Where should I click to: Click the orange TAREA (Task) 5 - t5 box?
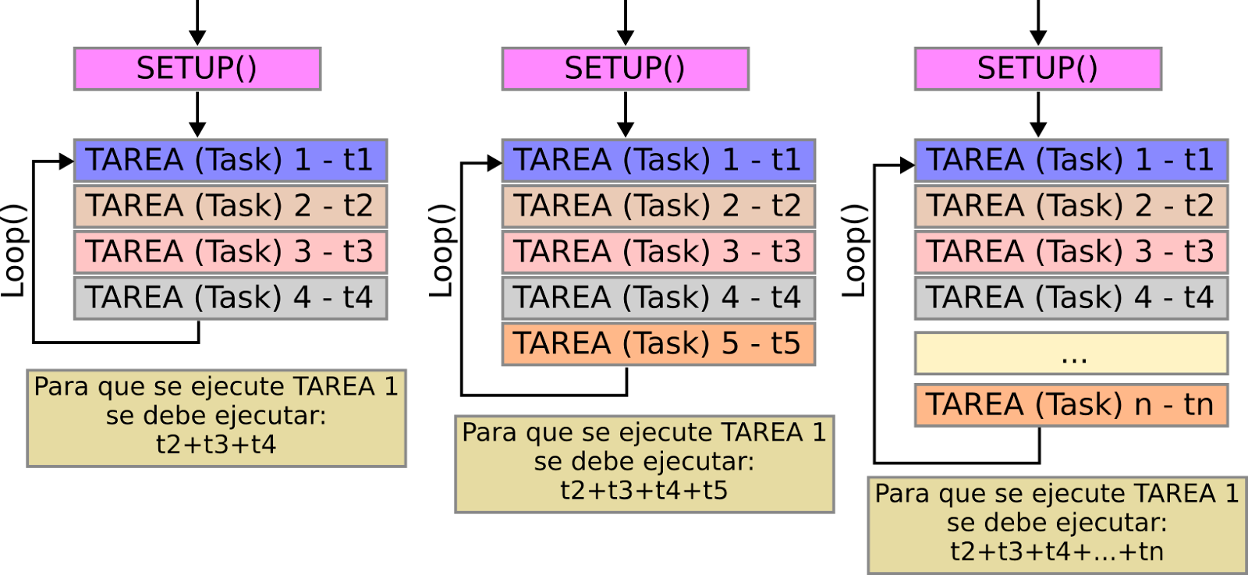tap(658, 344)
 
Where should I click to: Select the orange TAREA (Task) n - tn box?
tap(1071, 405)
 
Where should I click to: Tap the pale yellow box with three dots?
tap(1071, 353)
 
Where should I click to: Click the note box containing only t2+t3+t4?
tap(216, 418)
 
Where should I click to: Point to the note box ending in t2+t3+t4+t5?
tap(644, 464)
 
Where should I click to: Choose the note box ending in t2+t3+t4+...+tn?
tap(1057, 525)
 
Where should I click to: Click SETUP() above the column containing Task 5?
tap(625, 69)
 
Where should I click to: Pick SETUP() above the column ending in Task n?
tap(1037, 69)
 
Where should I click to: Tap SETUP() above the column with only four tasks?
tap(197, 69)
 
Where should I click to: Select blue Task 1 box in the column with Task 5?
tap(658, 161)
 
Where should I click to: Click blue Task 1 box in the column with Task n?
tap(1071, 161)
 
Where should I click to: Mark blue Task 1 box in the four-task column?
tap(230, 161)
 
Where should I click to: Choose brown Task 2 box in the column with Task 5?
tap(658, 207)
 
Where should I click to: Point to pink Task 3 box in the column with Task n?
tap(1071, 252)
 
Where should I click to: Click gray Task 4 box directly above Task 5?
tap(658, 298)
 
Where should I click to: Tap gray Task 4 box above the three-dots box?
tap(1071, 298)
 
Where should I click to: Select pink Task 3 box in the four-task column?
tap(230, 252)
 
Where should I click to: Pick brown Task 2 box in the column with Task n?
tap(1071, 207)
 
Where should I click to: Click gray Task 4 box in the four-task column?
tap(230, 298)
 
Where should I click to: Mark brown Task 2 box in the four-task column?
tap(230, 207)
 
